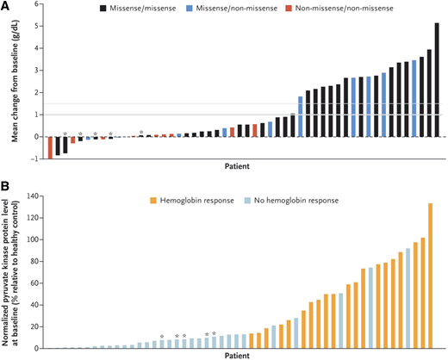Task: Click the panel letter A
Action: click(x=6, y=7)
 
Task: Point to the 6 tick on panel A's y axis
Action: click(x=37, y=4)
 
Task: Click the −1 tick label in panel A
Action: click(x=35, y=159)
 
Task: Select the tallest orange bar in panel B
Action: click(x=430, y=276)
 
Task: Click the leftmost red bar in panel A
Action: click(x=50, y=147)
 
